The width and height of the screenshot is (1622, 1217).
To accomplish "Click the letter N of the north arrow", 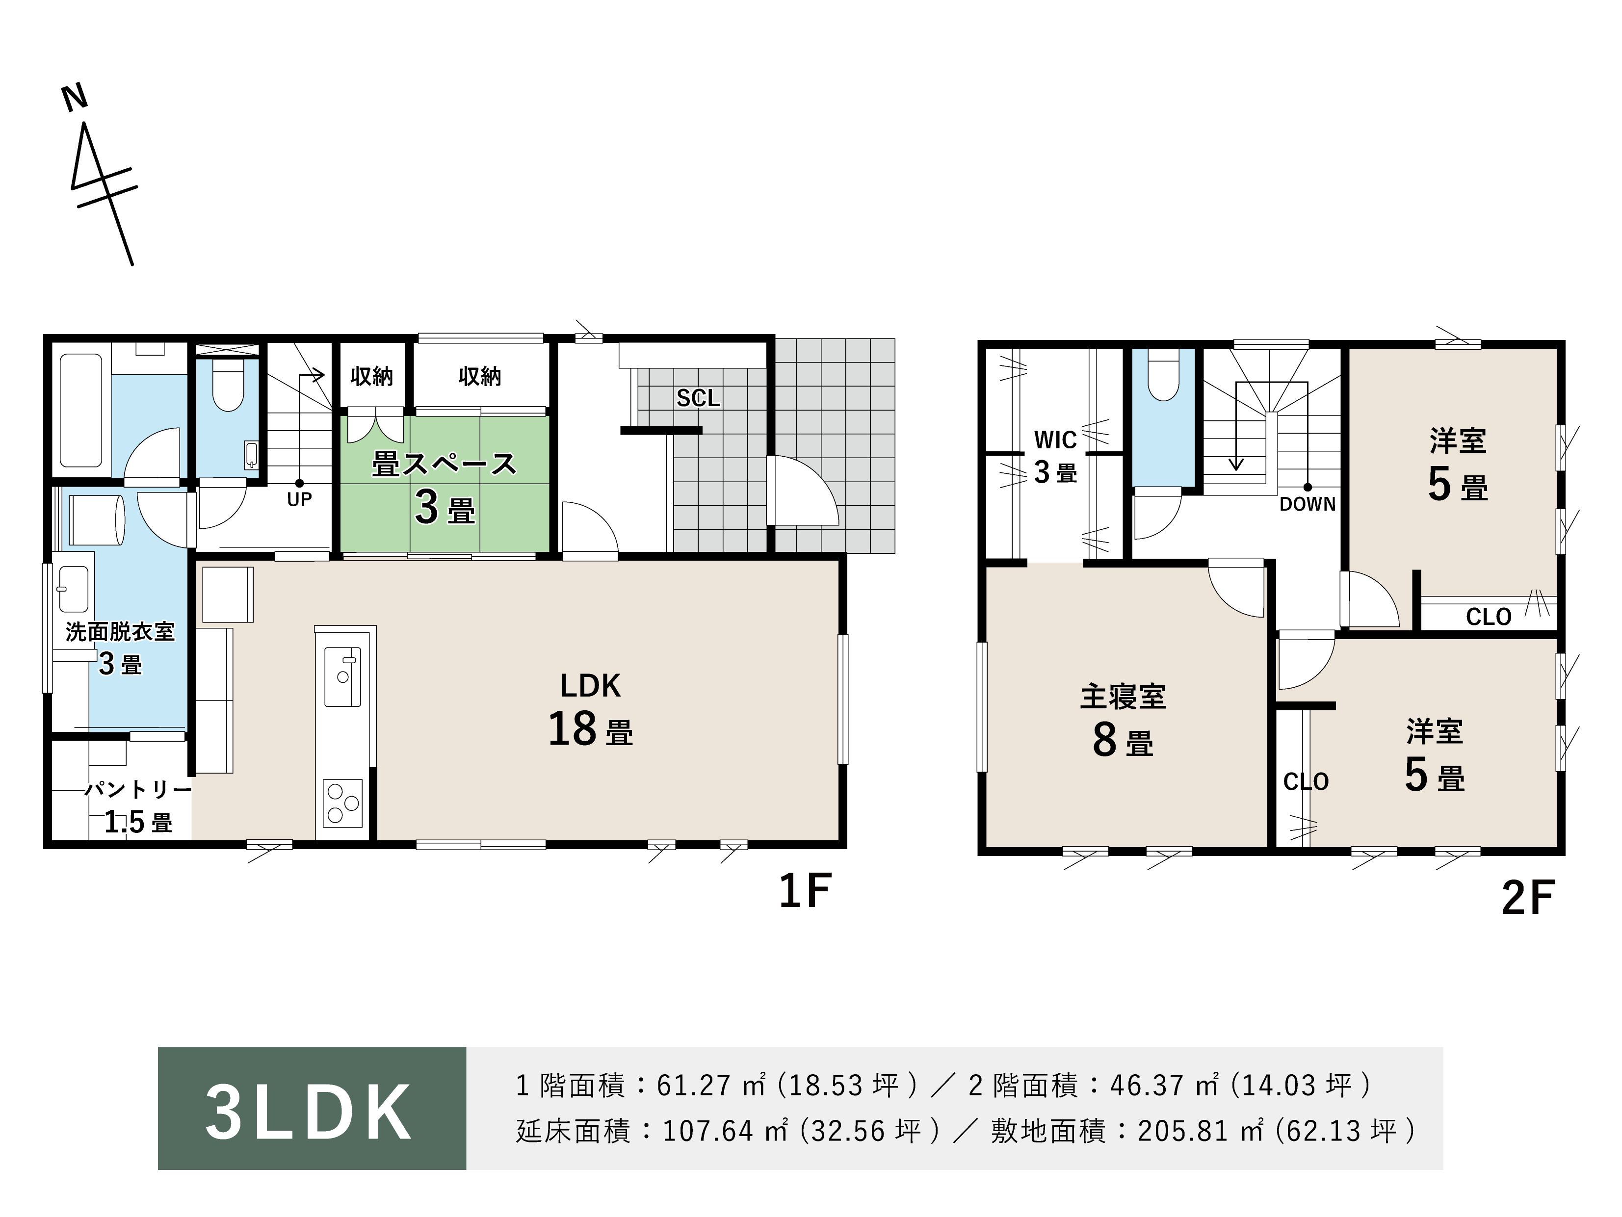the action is point(75,98).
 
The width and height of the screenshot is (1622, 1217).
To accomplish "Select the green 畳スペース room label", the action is point(445,464).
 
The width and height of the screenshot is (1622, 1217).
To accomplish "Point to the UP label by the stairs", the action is point(299,499).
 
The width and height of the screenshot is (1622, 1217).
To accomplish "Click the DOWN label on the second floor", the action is point(1308,504).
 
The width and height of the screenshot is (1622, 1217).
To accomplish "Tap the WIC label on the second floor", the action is point(1055,440).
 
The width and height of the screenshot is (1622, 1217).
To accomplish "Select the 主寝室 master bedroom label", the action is point(1123,697).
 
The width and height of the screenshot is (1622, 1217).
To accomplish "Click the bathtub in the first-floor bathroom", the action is point(80,411).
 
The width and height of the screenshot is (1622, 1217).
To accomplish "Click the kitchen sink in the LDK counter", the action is point(342,676).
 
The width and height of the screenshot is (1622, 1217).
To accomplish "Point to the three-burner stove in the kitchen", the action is point(343,803).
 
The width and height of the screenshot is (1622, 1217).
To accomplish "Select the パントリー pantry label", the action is point(138,790).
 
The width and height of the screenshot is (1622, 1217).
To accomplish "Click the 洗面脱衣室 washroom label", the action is point(120,632).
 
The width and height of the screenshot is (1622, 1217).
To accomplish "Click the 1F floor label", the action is point(805,891).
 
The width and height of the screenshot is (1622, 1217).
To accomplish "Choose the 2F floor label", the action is point(1527,898).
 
